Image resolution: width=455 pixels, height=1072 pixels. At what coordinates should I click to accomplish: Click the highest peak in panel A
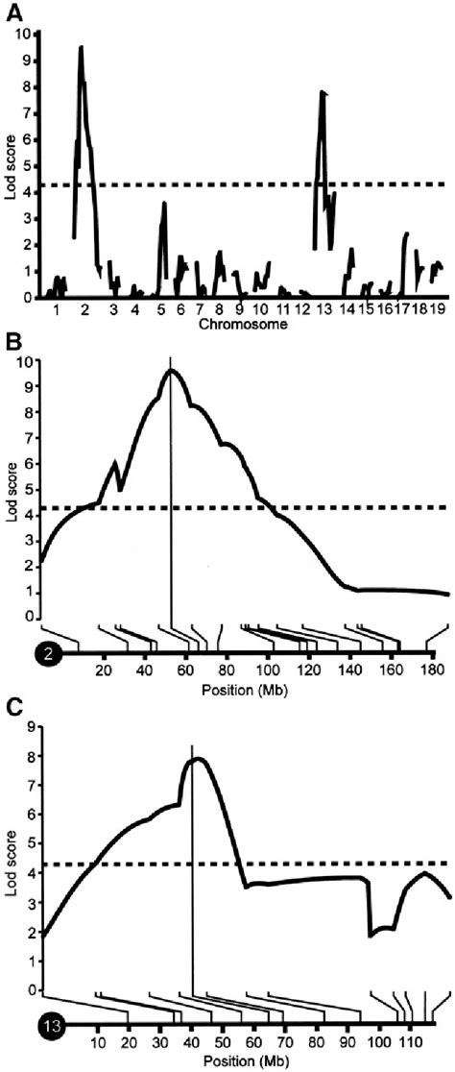pyautogui.click(x=81, y=47)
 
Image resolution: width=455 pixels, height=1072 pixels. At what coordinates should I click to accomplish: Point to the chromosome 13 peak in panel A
pyautogui.click(x=323, y=92)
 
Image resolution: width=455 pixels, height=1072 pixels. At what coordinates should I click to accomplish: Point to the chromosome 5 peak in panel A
pyautogui.click(x=164, y=203)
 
